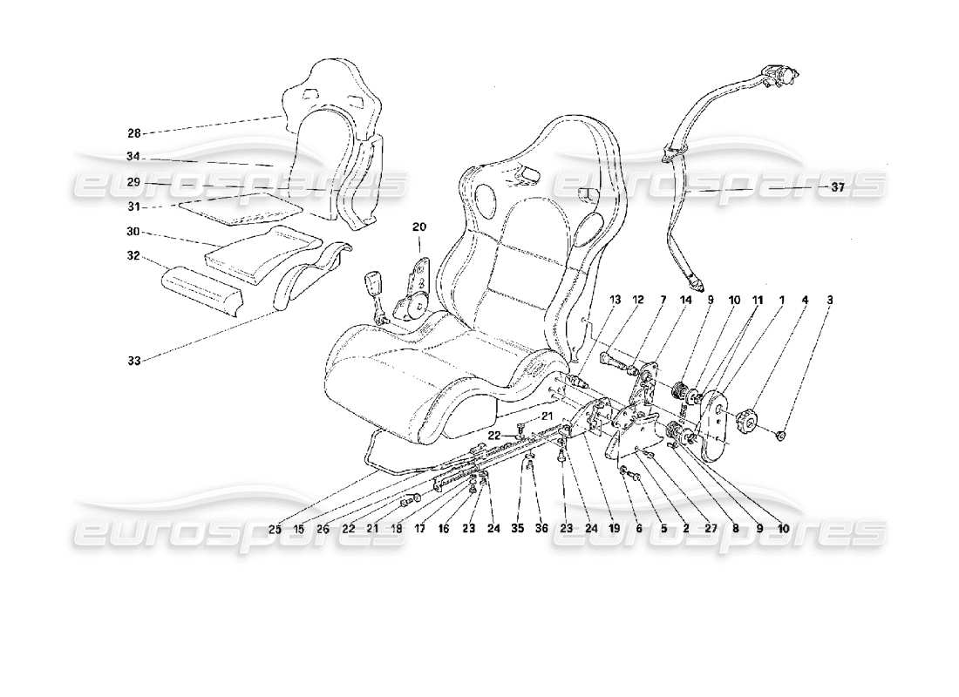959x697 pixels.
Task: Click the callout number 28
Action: pos(133,133)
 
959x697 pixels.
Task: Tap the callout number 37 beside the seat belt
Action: pos(837,186)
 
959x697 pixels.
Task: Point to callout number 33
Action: pos(133,358)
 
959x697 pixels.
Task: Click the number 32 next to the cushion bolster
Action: pos(133,258)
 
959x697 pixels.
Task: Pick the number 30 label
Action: pos(133,233)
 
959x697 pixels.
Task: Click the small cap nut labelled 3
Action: pos(782,433)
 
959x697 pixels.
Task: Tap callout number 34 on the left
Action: pos(133,158)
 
